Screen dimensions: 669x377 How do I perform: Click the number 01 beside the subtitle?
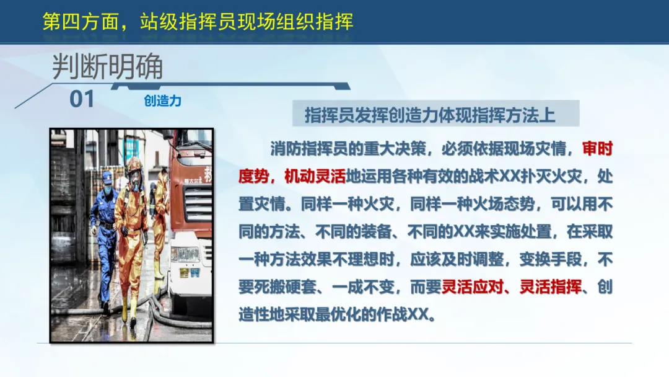tap(82, 99)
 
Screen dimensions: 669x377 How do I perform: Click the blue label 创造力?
tap(162, 101)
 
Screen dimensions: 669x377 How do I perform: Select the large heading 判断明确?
tap(107, 66)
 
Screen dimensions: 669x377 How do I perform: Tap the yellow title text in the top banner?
tap(198, 21)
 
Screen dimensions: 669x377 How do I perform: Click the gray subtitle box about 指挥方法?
tap(435, 113)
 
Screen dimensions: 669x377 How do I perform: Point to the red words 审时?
tap(597, 149)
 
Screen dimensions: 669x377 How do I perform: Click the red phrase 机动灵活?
tap(315, 176)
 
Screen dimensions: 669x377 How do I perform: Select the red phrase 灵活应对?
tap(472, 287)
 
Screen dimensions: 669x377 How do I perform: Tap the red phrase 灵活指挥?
tap(551, 287)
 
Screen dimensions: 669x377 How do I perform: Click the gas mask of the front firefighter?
tap(135, 182)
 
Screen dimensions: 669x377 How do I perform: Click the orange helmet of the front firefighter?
tap(134, 165)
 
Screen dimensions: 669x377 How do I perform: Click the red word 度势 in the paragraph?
tap(253, 176)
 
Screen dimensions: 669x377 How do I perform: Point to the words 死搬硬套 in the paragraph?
tap(285, 287)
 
